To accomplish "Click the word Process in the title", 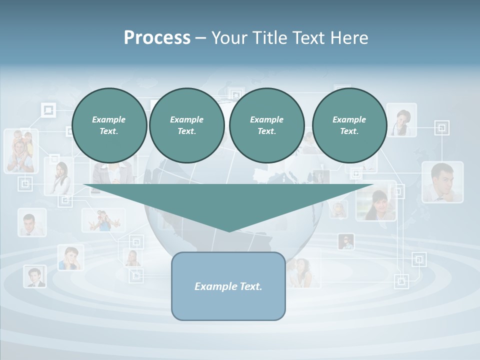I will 157,37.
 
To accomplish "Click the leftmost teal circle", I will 109,125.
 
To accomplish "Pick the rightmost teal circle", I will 349,125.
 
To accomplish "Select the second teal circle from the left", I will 186,125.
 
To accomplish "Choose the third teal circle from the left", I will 266,125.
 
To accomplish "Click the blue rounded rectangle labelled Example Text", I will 228,286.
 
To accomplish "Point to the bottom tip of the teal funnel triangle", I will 229,231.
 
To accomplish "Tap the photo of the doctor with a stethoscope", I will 401,120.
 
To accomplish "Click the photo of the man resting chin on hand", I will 442,182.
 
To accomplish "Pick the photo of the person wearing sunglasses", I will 346,242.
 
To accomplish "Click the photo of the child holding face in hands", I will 70,258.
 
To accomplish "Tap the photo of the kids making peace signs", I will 103,220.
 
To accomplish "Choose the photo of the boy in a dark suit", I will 34,276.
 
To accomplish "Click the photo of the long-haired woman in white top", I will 59,176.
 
